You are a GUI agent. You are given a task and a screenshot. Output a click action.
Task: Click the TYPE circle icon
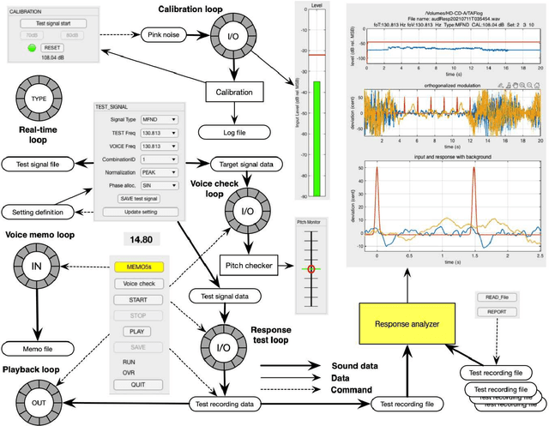(39, 99)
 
